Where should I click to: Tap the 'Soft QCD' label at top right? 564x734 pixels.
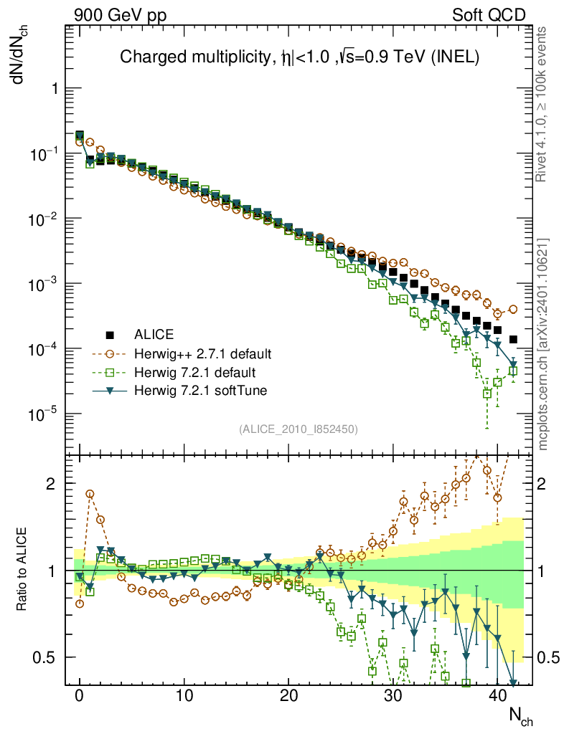489,14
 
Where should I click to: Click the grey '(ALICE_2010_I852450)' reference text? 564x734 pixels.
299,429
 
